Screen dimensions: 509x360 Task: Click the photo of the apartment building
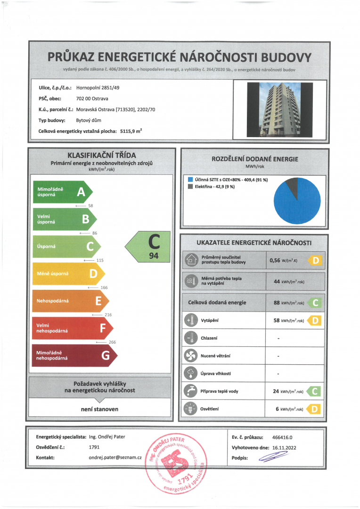[279, 109]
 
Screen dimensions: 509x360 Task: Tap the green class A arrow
[61, 192]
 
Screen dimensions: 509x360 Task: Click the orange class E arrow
[69, 301]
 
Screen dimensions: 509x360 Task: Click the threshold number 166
[105, 287]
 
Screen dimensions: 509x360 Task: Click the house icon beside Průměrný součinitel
[191, 260]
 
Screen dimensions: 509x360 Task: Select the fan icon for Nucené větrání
[191, 356]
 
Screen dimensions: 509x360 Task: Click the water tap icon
[191, 391]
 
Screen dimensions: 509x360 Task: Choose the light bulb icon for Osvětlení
[191, 409]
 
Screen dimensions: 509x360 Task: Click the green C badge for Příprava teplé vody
[314, 391]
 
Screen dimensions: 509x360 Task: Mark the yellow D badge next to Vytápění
[314, 321]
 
